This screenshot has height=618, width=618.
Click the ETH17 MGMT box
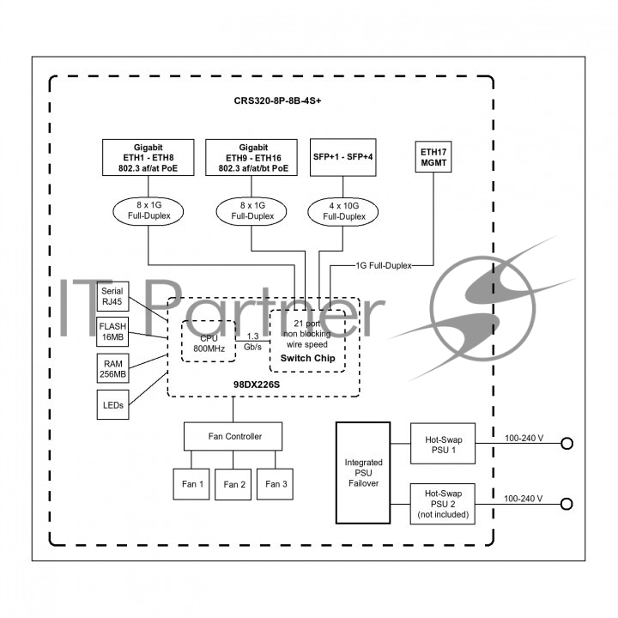pyautogui.click(x=433, y=157)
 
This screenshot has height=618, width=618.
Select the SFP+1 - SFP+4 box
pyautogui.click(x=342, y=157)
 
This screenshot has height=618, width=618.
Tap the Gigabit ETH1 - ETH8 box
pyautogui.click(x=148, y=157)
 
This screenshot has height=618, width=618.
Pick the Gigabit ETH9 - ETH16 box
pyautogui.click(x=251, y=158)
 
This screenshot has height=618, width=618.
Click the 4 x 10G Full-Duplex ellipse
pyautogui.click(x=342, y=212)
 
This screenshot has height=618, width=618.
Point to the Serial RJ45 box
pyautogui.click(x=112, y=296)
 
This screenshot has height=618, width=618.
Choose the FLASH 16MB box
pyautogui.click(x=112, y=332)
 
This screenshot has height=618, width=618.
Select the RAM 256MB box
pyautogui.click(x=112, y=368)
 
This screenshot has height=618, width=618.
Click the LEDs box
pyautogui.click(x=112, y=405)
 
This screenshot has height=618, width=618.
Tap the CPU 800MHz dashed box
pyautogui.click(x=209, y=342)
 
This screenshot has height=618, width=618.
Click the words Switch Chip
pyautogui.click(x=307, y=358)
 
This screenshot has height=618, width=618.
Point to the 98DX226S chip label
pyautogui.click(x=257, y=385)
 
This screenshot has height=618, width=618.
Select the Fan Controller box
pyautogui.click(x=233, y=436)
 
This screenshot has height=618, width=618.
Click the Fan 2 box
pyautogui.click(x=233, y=484)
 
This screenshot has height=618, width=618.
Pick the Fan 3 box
pyautogui.click(x=276, y=484)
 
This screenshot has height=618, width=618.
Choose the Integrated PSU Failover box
pyautogui.click(x=363, y=473)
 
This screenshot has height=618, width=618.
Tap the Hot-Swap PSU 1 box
pyautogui.click(x=443, y=444)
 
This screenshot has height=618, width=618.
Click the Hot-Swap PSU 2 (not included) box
pyautogui.click(x=443, y=504)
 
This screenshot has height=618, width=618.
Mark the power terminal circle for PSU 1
pyautogui.click(x=566, y=444)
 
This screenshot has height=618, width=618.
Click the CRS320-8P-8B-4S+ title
pyautogui.click(x=277, y=101)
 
